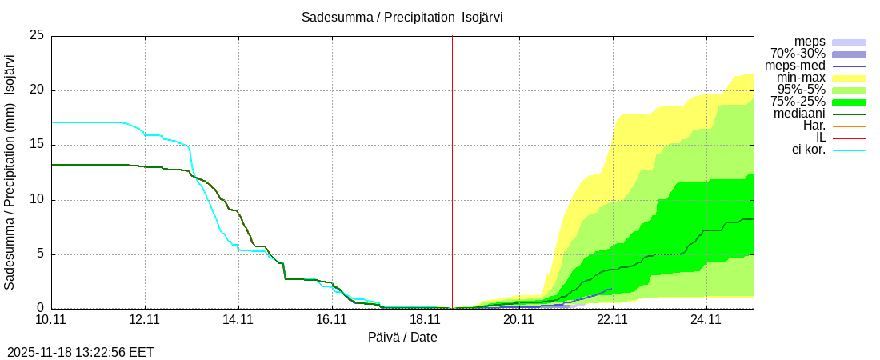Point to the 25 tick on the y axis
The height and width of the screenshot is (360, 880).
point(37,35)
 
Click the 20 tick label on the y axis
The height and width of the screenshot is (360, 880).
point(37,90)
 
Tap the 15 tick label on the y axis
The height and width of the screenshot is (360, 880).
point(37,145)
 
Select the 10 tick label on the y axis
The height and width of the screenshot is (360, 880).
point(37,200)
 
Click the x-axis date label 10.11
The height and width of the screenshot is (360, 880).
point(51,320)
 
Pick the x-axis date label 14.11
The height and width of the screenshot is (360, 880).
point(238,320)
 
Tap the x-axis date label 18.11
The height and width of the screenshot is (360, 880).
point(426,320)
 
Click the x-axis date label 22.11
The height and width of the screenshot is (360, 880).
point(613,320)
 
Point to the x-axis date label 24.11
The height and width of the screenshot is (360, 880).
point(706,320)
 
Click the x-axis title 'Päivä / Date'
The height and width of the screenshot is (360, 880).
point(402,338)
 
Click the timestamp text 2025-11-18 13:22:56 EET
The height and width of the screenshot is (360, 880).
point(81,352)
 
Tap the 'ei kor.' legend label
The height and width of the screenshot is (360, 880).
point(808,150)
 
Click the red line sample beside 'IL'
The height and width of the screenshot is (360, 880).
point(849,138)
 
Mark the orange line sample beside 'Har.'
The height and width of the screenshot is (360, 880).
point(849,126)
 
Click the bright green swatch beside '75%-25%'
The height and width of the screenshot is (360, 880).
point(849,102)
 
